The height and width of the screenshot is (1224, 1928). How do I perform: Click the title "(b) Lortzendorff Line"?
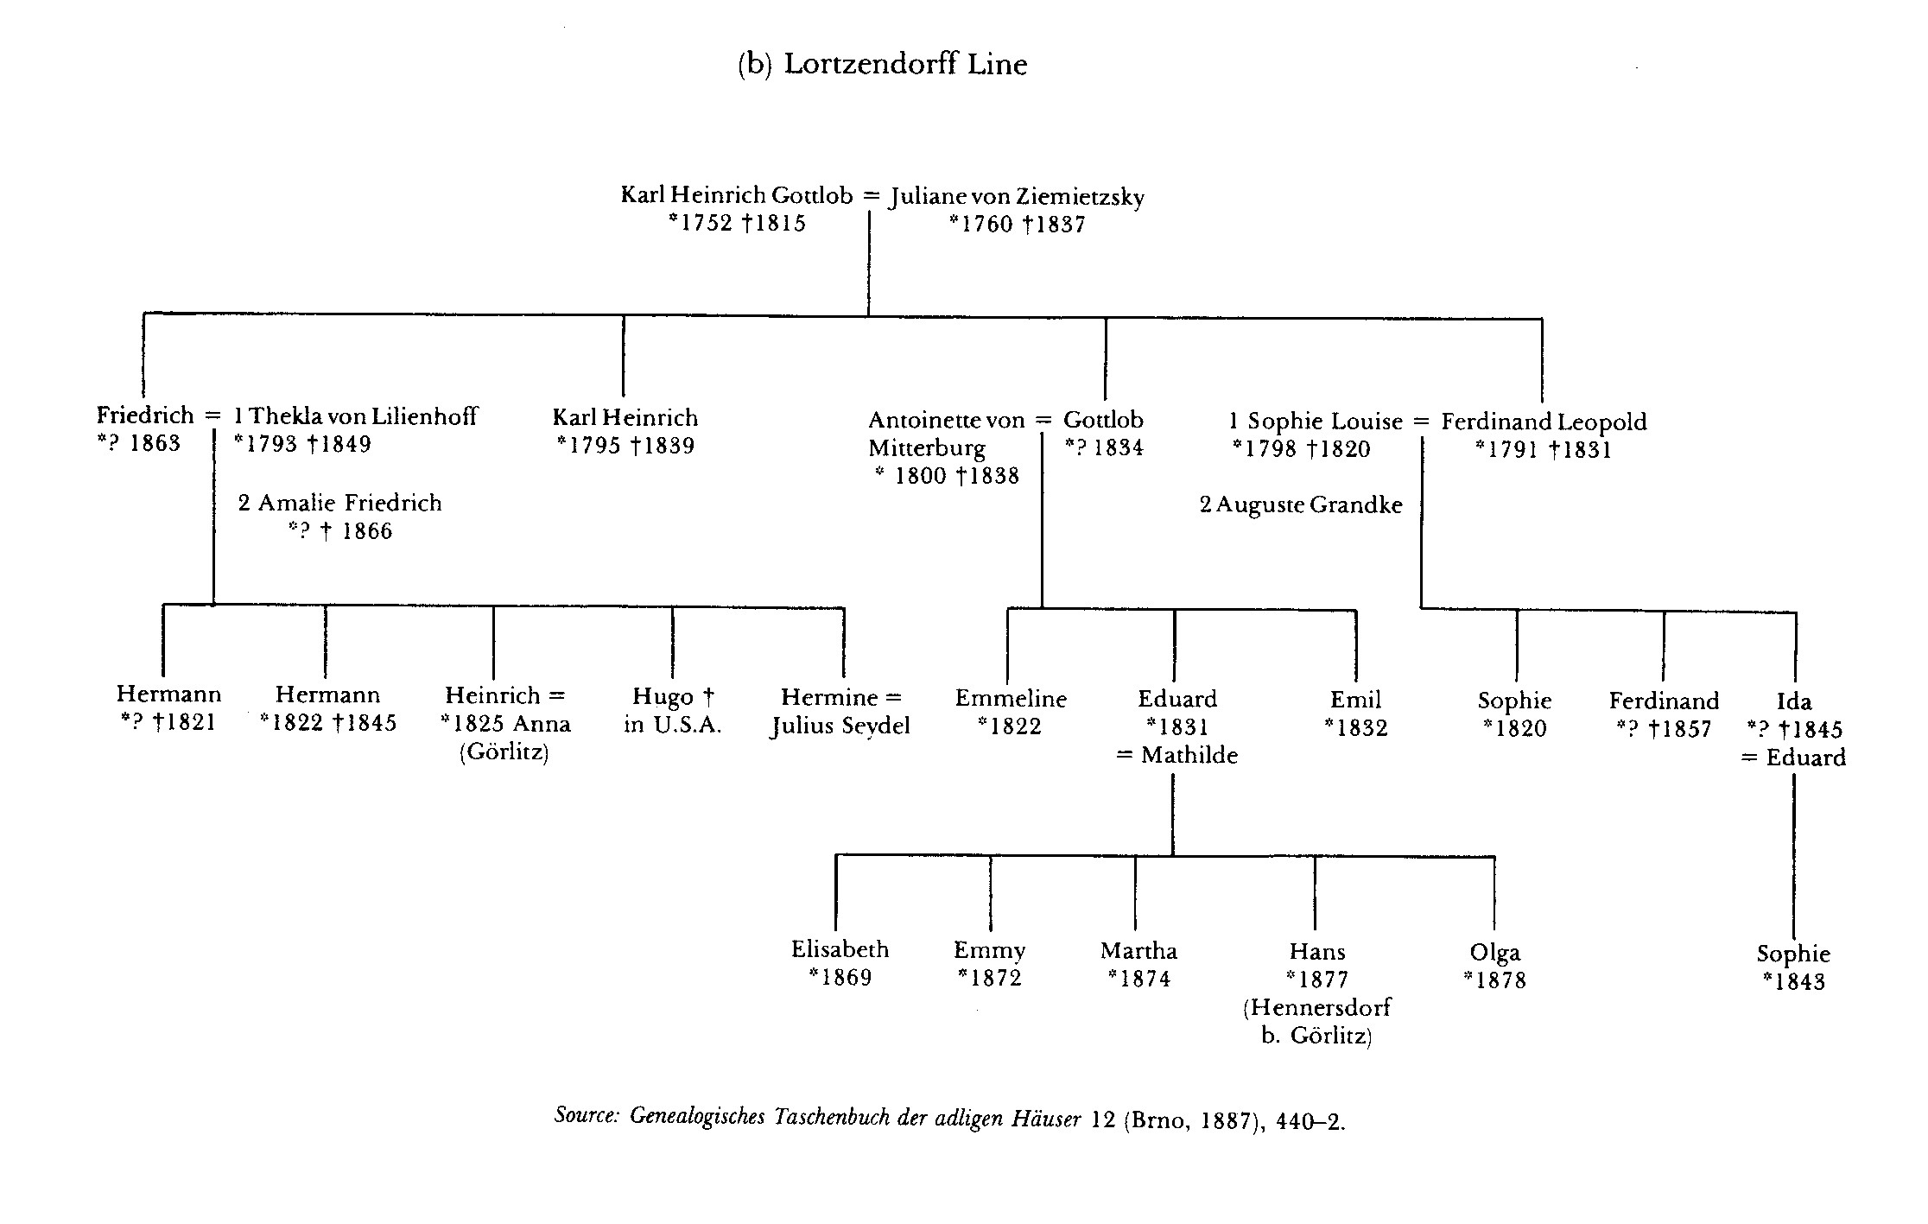882,66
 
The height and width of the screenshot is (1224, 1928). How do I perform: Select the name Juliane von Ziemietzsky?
1018,198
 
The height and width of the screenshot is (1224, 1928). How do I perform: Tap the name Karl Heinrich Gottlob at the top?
737,195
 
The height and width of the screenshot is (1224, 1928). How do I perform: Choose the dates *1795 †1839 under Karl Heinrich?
626,446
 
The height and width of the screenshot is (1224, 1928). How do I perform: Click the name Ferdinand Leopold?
1544,422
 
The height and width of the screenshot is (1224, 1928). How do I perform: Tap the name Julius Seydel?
840,726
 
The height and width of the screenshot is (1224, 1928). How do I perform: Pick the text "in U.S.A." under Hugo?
673,726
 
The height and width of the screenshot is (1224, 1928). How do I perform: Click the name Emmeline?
1011,699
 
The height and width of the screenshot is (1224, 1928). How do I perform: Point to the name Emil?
1355,700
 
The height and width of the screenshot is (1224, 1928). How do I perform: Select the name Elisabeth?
840,949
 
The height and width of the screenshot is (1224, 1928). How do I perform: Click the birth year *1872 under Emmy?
990,978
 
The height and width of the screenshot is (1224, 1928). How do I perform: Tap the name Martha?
1138,951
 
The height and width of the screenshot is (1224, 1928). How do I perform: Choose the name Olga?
1495,954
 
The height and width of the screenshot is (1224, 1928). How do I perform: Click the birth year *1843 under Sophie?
1793,982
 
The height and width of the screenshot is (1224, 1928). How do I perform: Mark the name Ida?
1794,701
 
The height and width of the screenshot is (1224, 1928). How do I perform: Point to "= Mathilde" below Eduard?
1177,756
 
